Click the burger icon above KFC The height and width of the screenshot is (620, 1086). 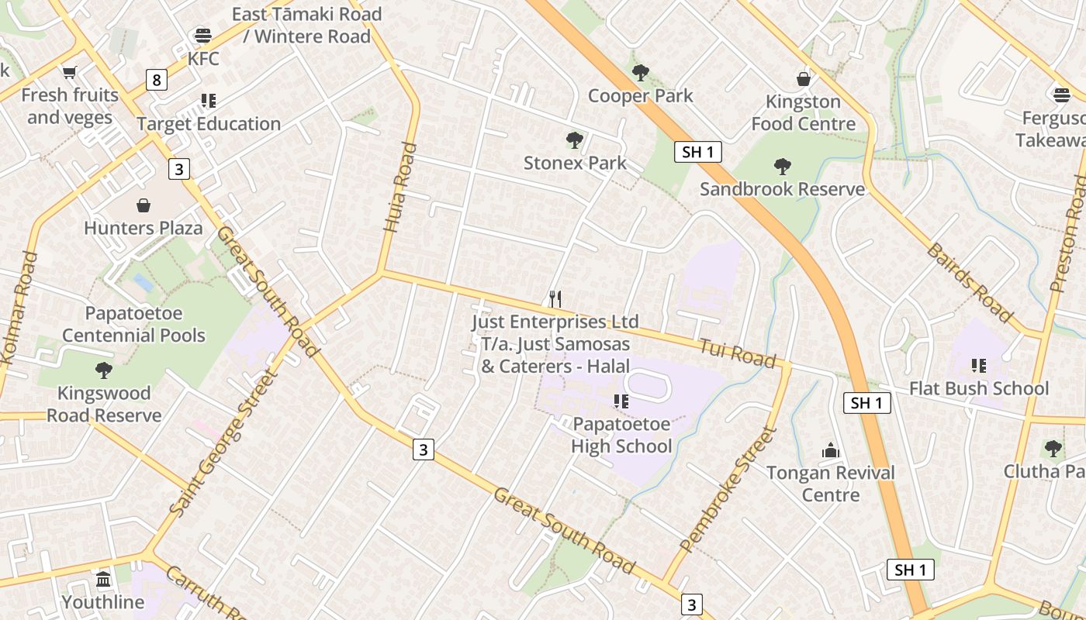(203, 35)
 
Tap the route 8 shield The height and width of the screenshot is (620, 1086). (157, 79)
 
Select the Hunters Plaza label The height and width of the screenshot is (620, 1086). (143, 228)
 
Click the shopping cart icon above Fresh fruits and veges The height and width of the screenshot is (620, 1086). (70, 72)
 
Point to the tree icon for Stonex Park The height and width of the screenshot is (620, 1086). (574, 140)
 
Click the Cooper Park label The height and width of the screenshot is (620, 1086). (640, 96)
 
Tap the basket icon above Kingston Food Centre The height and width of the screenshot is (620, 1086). (804, 79)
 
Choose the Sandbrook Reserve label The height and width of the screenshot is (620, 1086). (782, 189)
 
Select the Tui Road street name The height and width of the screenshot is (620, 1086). (736, 353)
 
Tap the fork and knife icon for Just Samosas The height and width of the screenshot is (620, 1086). (555, 299)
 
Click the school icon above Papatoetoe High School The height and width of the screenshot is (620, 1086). (621, 401)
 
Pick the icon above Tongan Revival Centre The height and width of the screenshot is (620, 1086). (831, 450)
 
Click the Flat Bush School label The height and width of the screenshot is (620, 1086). (978, 388)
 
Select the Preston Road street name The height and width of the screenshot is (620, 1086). (1070, 232)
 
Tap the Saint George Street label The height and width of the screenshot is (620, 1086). (223, 443)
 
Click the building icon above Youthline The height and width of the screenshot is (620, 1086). (103, 579)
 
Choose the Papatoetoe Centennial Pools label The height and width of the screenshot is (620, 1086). (133, 325)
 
